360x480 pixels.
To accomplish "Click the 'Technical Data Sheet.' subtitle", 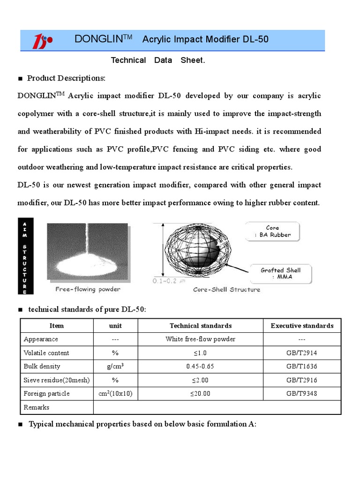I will coord(157,60).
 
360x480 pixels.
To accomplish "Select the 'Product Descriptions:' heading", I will coord(66,78).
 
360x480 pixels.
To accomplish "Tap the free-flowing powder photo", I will coord(87,252).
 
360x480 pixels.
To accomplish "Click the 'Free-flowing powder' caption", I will coord(88,289).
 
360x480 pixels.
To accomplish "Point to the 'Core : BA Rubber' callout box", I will coord(272,232).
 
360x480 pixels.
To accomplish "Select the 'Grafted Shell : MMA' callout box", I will coord(281,273).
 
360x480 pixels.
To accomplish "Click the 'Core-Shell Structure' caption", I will coord(226,290).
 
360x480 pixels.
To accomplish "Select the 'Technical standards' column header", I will coord(201,326).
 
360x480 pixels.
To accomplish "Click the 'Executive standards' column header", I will coord(302,326).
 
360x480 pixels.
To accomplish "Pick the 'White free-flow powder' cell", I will coord(201,339).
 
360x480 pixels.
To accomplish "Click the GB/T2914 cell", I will coord(302,352).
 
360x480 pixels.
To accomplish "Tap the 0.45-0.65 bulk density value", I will coord(201,366).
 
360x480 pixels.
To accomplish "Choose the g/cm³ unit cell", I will coord(115,366).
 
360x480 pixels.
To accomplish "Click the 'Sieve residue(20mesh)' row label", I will coord(56,380).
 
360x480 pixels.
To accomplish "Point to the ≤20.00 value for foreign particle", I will coord(201,393).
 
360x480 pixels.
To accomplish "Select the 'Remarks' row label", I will coord(36,407).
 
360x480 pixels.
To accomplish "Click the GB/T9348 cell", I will coord(302,393).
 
